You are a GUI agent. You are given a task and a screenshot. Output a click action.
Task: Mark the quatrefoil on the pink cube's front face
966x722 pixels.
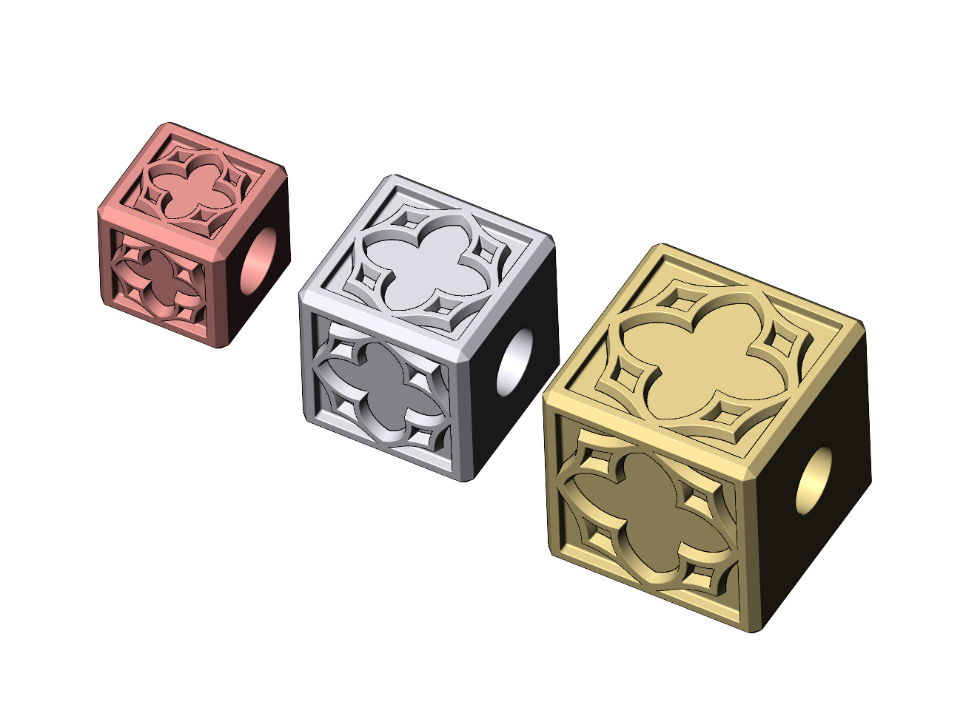point(158,277)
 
